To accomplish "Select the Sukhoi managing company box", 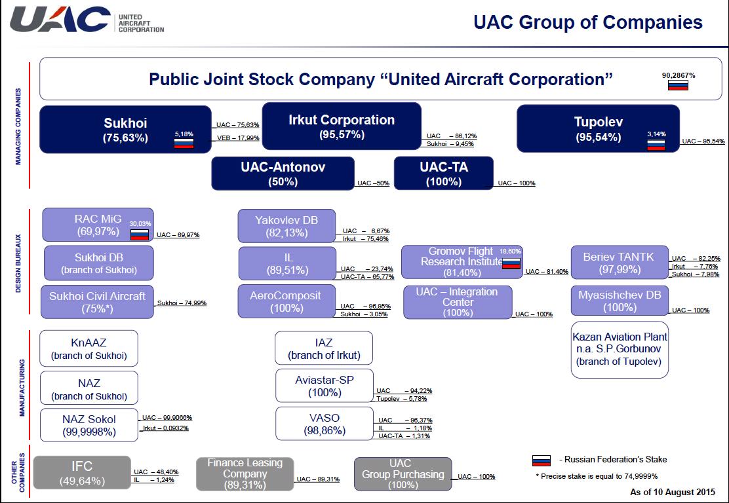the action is pyautogui.click(x=125, y=130).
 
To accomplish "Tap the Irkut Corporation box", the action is pyautogui.click(x=342, y=126).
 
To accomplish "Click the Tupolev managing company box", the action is pyautogui.click(x=598, y=128).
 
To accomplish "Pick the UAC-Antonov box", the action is pyautogui.click(x=283, y=174).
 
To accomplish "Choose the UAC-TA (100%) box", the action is pyautogui.click(x=444, y=174).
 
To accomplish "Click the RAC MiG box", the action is pyautogui.click(x=98, y=225).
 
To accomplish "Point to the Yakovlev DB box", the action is pyautogui.click(x=286, y=226).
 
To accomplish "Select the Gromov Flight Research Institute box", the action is pyautogui.click(x=462, y=262).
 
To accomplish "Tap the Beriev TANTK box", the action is pyautogui.click(x=620, y=263).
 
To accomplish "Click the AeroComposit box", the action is pyautogui.click(x=286, y=301).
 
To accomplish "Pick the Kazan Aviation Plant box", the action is pyautogui.click(x=620, y=349).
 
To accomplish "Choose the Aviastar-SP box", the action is pyautogui.click(x=325, y=386).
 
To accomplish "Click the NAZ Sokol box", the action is pyautogui.click(x=89, y=425).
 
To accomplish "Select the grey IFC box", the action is pyautogui.click(x=82, y=472).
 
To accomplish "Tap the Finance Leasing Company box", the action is pyautogui.click(x=245, y=474).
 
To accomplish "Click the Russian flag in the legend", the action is pyautogui.click(x=541, y=460).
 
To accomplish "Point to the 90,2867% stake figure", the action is pyautogui.click(x=679, y=75).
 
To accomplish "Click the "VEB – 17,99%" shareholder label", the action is pyautogui.click(x=238, y=138).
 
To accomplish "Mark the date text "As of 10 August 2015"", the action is pyautogui.click(x=673, y=492).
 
